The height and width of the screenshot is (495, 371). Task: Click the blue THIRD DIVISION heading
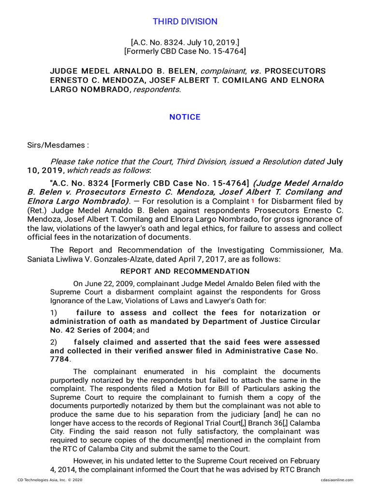pos(185,21)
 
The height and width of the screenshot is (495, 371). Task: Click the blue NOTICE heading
pos(185,117)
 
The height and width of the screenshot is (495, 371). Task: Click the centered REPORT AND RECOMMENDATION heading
pos(185,271)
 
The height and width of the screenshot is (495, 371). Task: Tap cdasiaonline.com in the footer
pos(337,480)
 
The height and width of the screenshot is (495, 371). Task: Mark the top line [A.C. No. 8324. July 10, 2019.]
pos(185,42)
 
